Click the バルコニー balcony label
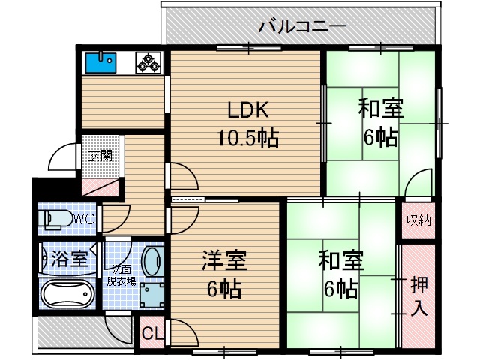tap(302, 27)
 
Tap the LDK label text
tap(248, 111)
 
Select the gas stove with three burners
tap(148, 63)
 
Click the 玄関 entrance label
tap(101, 156)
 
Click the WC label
tap(84, 220)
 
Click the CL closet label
tap(150, 332)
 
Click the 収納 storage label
tap(419, 220)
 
